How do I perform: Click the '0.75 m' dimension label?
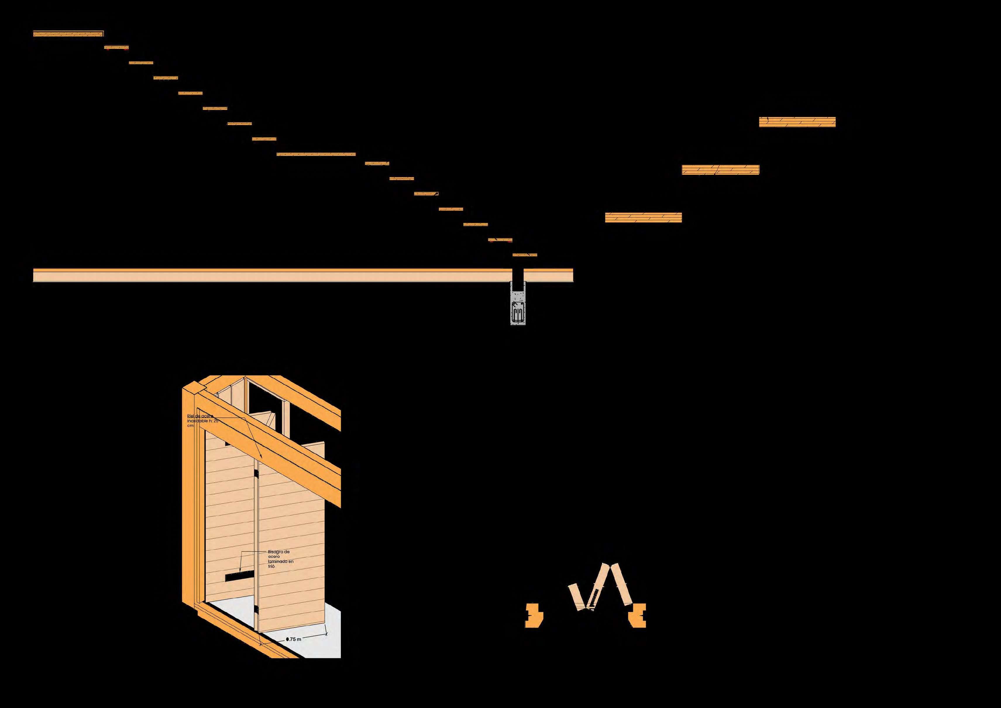(294, 639)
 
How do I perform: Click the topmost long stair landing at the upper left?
(68, 34)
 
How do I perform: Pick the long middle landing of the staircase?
(316, 154)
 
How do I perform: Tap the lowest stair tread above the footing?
(524, 255)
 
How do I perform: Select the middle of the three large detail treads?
(720, 170)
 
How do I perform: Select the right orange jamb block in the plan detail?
(637, 615)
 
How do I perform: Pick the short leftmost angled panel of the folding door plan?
(576, 597)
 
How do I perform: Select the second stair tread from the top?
(116, 47)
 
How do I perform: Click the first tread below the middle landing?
(377, 164)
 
